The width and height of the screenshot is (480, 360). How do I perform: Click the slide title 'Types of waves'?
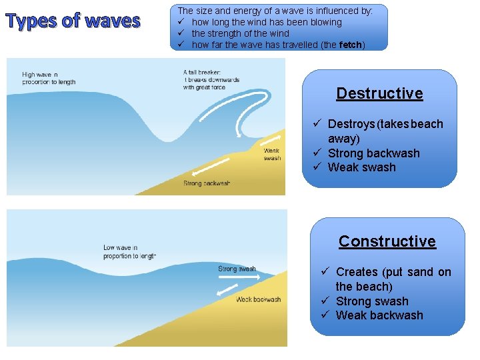(x=73, y=21)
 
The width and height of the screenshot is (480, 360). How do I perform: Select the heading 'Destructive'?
(x=379, y=93)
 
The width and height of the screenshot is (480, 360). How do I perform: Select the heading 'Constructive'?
(x=387, y=241)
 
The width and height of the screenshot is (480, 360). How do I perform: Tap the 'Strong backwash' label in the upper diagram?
(x=207, y=183)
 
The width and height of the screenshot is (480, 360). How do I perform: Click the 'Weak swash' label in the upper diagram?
(x=272, y=155)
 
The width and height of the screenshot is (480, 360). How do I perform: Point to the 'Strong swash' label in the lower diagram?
(x=237, y=269)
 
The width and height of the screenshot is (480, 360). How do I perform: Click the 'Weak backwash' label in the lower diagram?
(x=258, y=299)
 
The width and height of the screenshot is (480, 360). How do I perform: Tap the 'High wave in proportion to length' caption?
(x=49, y=79)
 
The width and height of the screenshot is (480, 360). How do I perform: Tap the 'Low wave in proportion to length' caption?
(x=129, y=251)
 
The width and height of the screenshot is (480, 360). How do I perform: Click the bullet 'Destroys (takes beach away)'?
(x=385, y=131)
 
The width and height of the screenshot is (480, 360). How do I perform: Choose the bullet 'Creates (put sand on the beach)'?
(x=393, y=279)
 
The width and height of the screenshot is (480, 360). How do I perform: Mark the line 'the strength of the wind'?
(x=240, y=33)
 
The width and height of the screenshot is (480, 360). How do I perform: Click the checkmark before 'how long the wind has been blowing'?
(x=181, y=22)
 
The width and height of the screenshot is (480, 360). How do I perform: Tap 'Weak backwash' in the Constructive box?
(x=379, y=315)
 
